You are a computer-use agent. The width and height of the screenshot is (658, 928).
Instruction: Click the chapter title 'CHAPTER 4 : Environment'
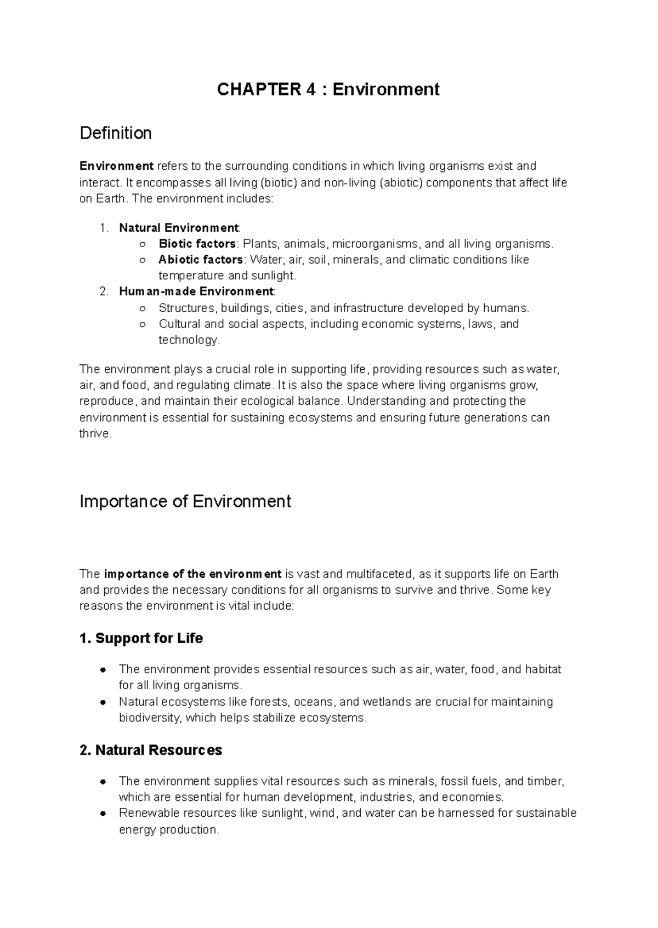pyautogui.click(x=328, y=89)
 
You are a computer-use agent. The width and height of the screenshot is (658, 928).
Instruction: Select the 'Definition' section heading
pyautogui.click(x=116, y=133)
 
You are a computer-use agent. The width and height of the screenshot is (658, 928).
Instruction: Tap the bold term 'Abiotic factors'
pyautogui.click(x=201, y=260)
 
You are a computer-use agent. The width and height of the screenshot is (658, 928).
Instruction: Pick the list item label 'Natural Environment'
pyautogui.click(x=179, y=228)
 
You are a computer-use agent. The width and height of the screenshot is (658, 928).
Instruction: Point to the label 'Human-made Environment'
pyautogui.click(x=196, y=291)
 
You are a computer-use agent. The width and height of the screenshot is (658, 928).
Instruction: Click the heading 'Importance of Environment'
pyautogui.click(x=185, y=502)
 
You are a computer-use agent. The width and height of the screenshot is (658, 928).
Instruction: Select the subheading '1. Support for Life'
pyautogui.click(x=141, y=638)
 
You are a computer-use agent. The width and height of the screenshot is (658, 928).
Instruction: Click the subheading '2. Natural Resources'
pyautogui.click(x=151, y=750)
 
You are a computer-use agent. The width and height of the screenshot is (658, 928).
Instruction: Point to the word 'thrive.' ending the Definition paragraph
pyautogui.click(x=95, y=434)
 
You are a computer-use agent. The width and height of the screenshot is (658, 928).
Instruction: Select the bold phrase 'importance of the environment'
pyautogui.click(x=192, y=574)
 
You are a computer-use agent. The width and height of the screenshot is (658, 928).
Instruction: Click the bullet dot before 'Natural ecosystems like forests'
pyautogui.click(x=103, y=702)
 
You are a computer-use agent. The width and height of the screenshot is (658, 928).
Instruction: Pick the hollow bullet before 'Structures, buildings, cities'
pyautogui.click(x=143, y=308)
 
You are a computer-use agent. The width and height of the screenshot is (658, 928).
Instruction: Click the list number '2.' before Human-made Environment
pyautogui.click(x=105, y=291)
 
